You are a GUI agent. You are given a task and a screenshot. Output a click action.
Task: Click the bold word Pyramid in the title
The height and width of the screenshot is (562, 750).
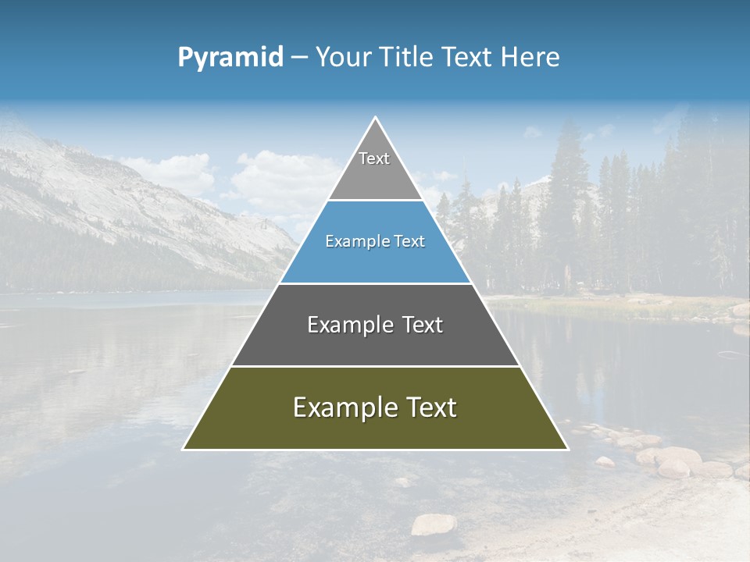[230, 58]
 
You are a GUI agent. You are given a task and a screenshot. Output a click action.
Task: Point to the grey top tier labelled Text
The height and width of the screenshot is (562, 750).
[374, 168]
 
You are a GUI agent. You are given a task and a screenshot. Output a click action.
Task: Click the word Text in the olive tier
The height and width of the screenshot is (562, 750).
[427, 407]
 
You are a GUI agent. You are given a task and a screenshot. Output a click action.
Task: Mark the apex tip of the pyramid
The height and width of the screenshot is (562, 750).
[375, 119]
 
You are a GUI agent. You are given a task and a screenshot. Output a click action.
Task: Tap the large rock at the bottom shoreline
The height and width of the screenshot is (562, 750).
[434, 524]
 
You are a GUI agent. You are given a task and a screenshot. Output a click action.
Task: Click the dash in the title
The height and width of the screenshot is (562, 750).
[299, 58]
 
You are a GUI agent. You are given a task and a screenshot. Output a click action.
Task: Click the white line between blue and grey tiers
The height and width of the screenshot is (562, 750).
[375, 283]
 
